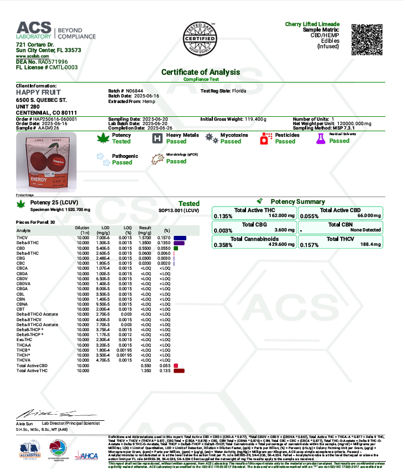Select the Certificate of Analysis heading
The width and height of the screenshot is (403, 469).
click(201, 72)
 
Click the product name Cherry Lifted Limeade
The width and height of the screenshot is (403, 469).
click(313, 24)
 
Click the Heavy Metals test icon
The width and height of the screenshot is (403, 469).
click(157, 138)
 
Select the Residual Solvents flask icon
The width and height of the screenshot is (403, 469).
click(320, 138)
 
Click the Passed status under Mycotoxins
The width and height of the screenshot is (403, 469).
click(231, 141)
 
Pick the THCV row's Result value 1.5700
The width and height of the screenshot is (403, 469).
click(145, 238)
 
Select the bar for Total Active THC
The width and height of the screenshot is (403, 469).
click(179, 370)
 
